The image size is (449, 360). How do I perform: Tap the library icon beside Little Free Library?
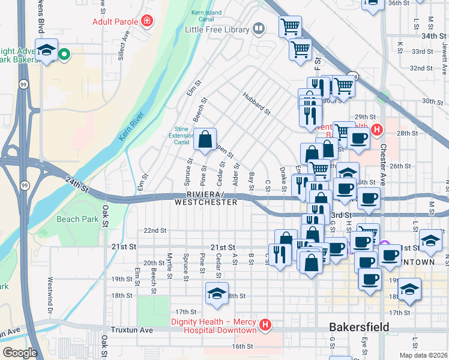pos(259,28)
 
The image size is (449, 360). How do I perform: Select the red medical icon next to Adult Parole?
pos(147,22)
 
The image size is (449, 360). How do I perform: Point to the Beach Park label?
pos(77,219)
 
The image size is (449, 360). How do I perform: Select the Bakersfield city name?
pos(358,327)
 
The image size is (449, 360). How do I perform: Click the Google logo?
pos(20,352)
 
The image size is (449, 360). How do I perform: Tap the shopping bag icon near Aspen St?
pos(205,140)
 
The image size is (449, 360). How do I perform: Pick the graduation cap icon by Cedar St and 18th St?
pos(216,293)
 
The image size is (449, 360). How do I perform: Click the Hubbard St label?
pos(257,103)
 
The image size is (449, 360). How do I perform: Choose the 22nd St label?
pos(154,230)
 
